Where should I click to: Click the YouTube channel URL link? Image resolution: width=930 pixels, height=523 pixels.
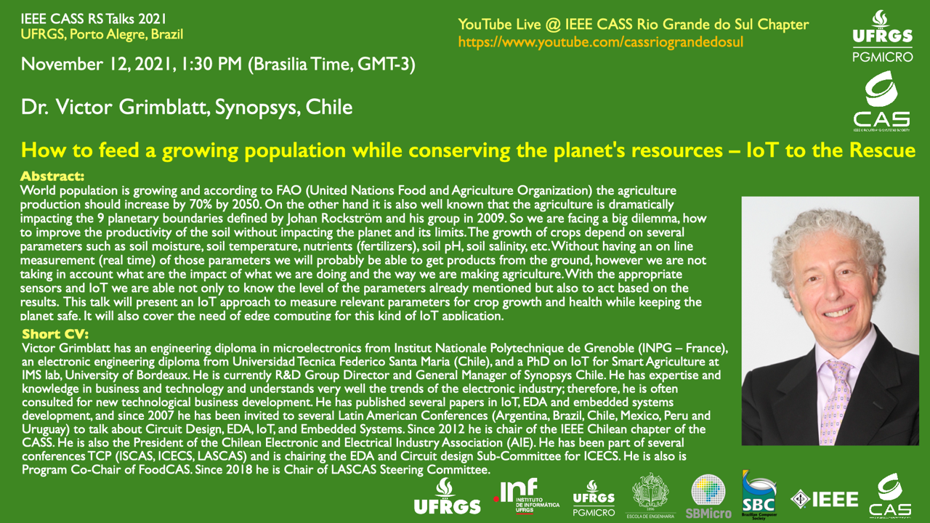[600, 42]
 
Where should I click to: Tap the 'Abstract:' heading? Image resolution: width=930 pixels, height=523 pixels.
[52, 176]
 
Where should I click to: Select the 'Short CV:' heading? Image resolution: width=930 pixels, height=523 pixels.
[55, 333]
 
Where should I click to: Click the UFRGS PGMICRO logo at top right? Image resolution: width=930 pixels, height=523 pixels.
[883, 36]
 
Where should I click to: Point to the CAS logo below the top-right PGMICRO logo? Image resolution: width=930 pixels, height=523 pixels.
[881, 101]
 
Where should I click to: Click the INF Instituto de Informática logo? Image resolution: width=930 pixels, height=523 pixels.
[527, 495]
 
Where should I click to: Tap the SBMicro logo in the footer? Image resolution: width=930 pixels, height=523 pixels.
[708, 497]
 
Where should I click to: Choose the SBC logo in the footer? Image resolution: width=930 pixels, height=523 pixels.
[759, 495]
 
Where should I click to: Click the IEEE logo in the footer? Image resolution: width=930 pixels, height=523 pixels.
[825, 499]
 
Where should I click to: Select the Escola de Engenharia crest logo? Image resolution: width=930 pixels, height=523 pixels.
[650, 495]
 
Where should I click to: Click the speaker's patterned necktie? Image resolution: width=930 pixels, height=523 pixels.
[835, 402]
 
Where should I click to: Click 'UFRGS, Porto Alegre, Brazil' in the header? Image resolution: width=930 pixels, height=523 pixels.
[102, 34]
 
